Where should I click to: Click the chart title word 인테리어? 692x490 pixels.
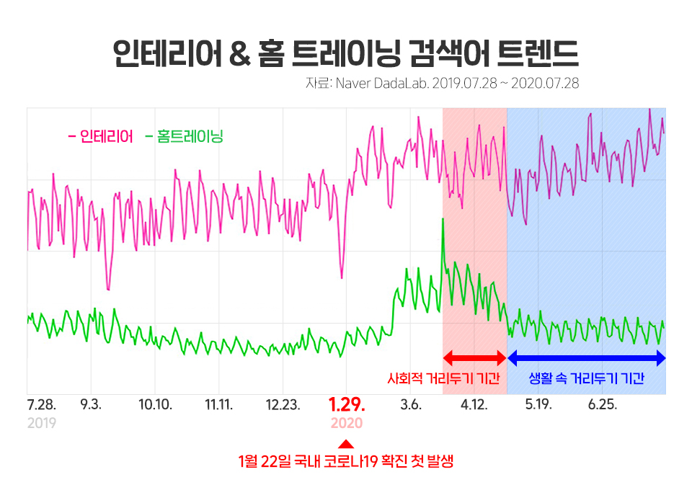pos(167,53)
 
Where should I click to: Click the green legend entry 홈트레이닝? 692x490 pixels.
pos(190,136)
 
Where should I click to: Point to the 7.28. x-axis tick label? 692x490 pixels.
pos(41,405)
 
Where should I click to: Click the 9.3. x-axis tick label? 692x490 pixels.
pos(91,405)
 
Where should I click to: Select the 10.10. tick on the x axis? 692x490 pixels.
pos(155,405)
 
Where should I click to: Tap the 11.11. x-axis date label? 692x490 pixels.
pos(219,405)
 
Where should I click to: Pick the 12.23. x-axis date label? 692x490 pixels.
pos(283,405)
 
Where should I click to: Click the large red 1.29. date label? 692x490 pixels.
pos(347,404)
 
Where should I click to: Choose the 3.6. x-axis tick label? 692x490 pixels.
pos(410,405)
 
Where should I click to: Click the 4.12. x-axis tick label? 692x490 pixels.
pos(474,405)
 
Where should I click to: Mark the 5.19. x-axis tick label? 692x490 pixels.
pos(538,405)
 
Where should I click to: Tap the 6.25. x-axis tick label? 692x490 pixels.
pos(602,405)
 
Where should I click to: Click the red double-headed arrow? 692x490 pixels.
pos(474,357)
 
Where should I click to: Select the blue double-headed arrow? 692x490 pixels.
pos(586,357)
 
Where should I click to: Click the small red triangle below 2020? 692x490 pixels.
pos(346,444)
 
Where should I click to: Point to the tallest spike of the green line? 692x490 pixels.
pos(442,220)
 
